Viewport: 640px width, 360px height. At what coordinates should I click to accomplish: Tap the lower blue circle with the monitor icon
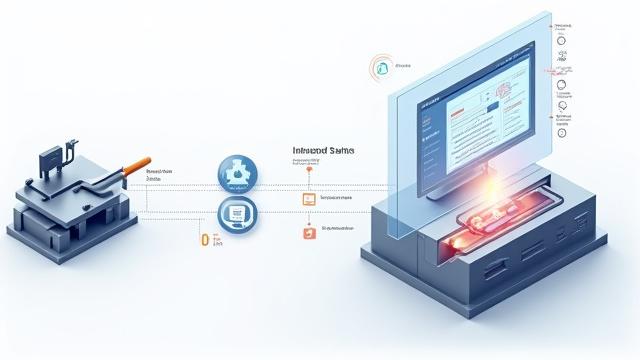pyautogui.click(x=237, y=213)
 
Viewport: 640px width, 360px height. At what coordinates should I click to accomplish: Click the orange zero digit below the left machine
pyautogui.click(x=205, y=240)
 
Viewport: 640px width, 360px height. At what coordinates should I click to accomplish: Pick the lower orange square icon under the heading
pyautogui.click(x=308, y=232)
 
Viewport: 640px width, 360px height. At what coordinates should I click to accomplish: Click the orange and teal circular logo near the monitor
pyautogui.click(x=380, y=67)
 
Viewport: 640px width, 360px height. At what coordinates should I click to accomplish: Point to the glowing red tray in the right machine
pyautogui.click(x=490, y=222)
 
